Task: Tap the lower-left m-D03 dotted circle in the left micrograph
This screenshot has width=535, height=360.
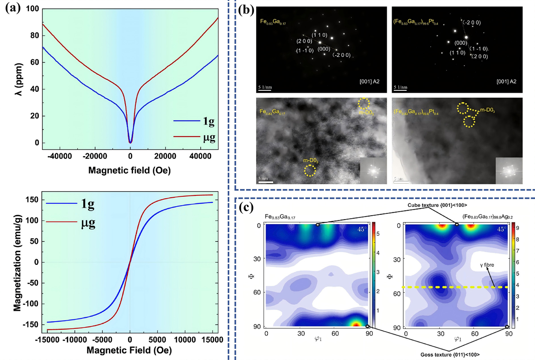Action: pyautogui.click(x=309, y=169)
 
